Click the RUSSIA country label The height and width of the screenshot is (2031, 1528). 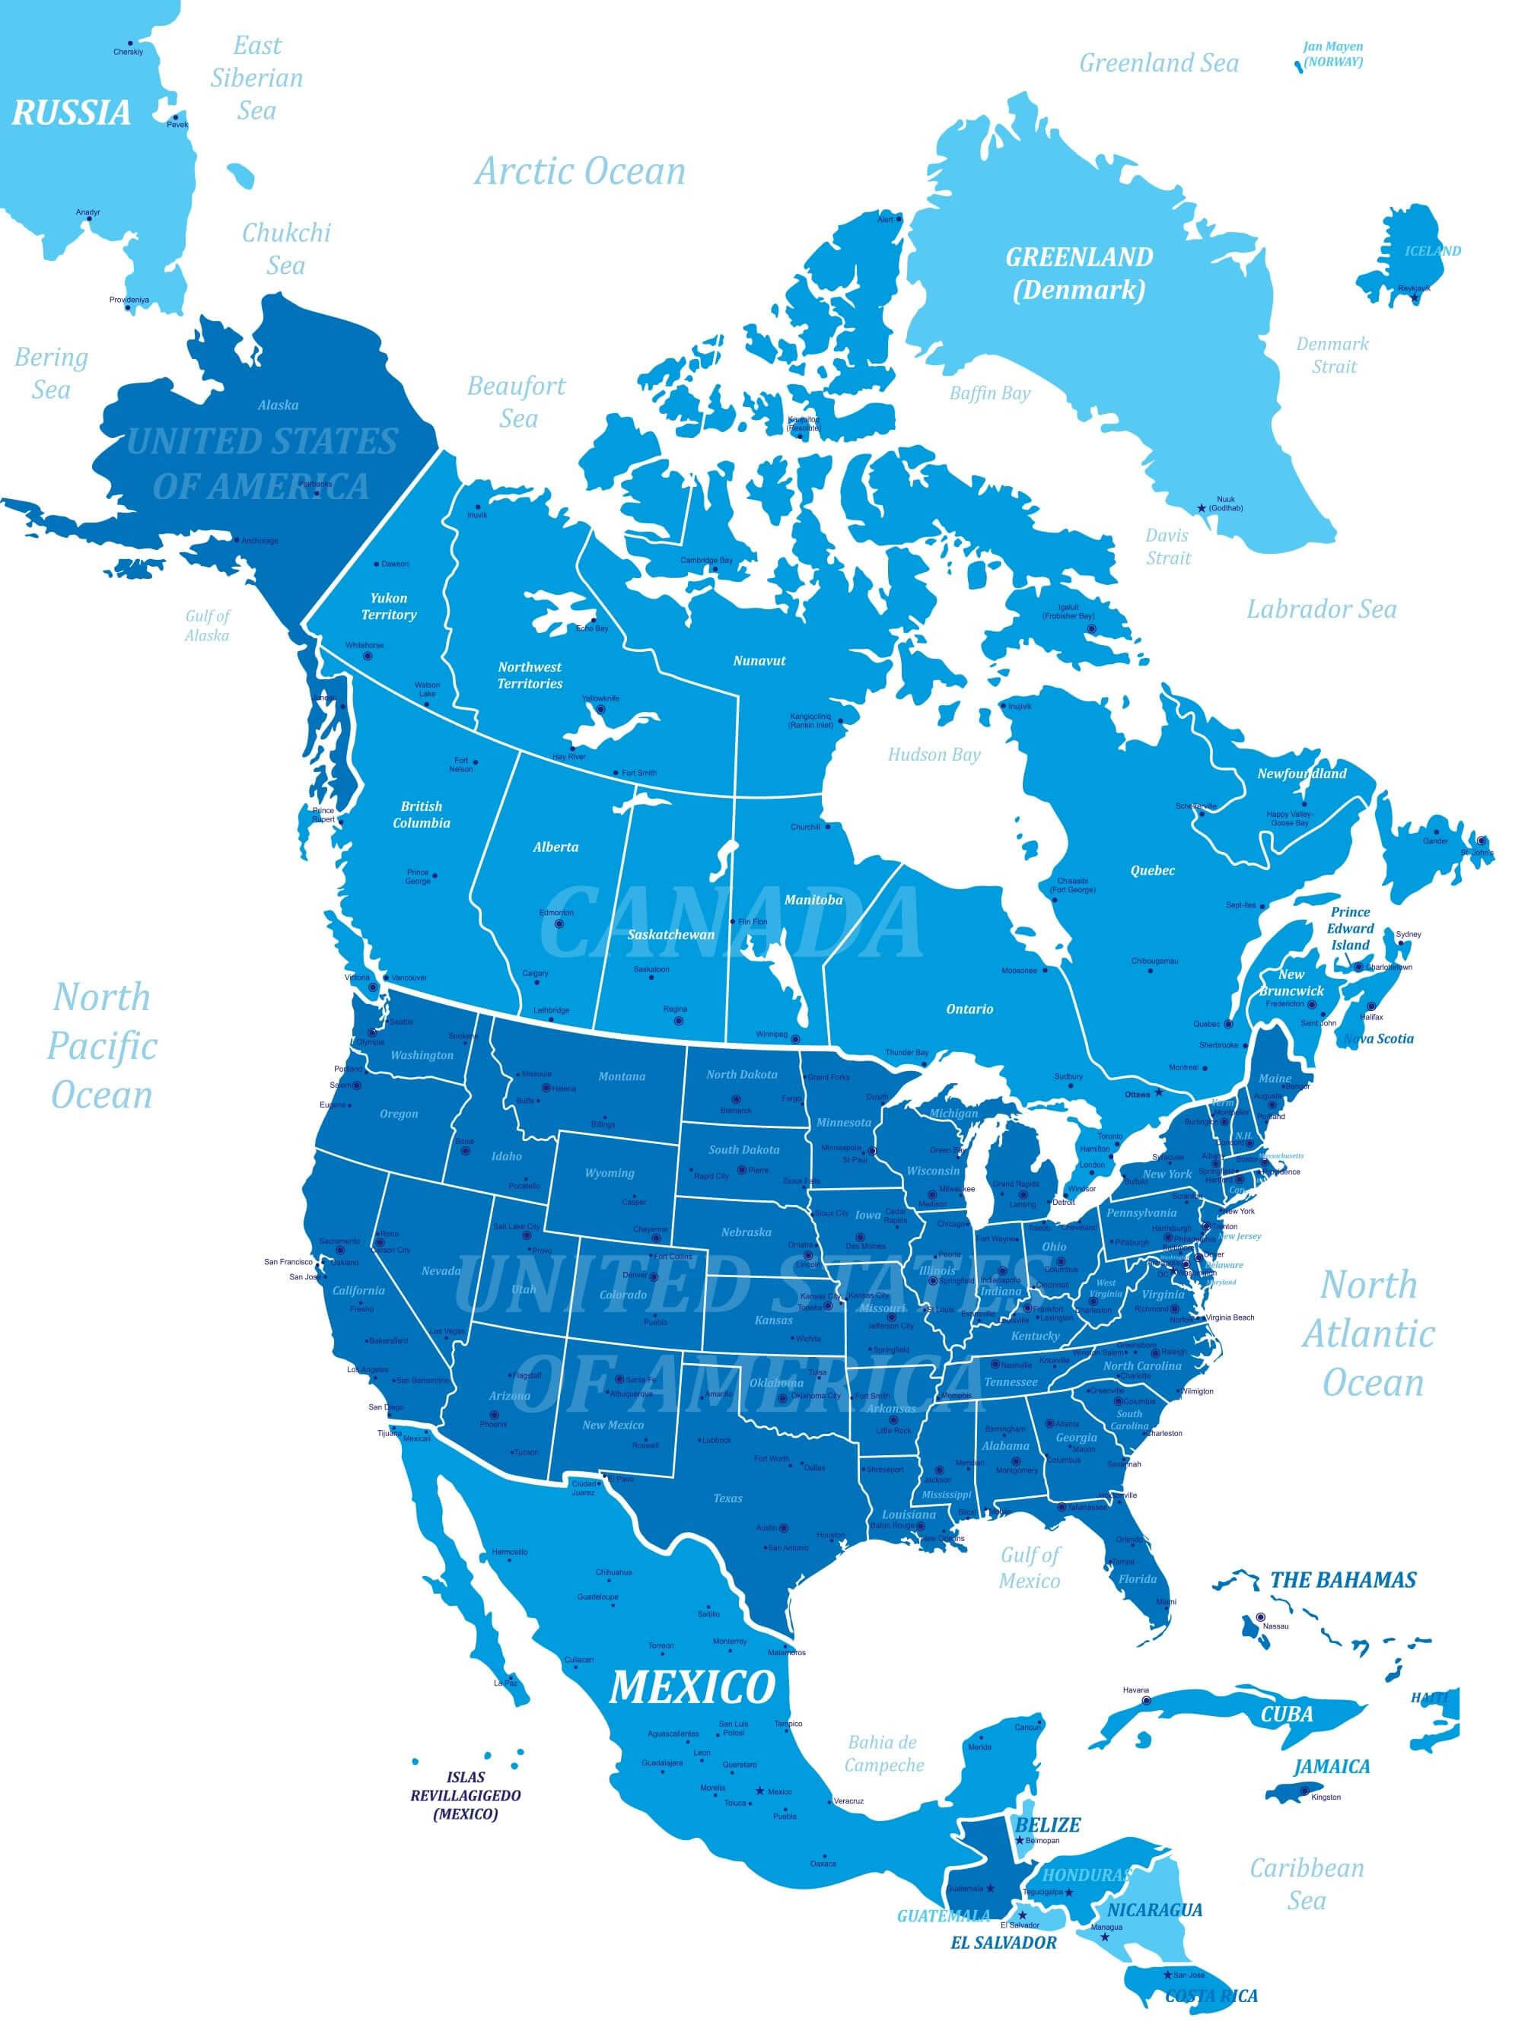tap(71, 113)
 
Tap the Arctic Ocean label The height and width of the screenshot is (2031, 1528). tap(579, 172)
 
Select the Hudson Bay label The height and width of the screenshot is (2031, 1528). tap(934, 755)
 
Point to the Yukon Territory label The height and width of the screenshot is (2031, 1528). tap(388, 606)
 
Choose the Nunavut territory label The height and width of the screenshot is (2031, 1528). tap(759, 660)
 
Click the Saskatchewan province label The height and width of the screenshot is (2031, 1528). tap(670, 935)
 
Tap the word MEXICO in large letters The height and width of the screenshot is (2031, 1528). tap(692, 1686)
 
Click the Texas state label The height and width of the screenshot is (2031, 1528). tap(727, 1499)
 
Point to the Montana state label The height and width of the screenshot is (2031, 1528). tap(622, 1076)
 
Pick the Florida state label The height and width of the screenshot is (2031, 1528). tap(1137, 1579)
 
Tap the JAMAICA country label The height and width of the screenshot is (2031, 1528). tap(1332, 1766)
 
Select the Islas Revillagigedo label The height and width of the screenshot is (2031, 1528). tap(466, 1795)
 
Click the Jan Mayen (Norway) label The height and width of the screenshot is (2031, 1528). tap(1332, 54)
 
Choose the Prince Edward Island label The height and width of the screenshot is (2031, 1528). tap(1350, 928)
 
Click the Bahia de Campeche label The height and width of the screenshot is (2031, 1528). tap(883, 1753)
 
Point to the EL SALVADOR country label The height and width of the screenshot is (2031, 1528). tap(1003, 1943)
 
